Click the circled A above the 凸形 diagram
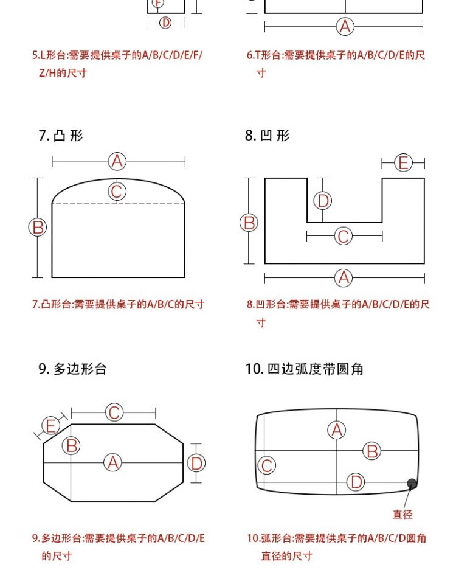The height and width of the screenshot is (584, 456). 117,161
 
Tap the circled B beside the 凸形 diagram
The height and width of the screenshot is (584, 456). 38,228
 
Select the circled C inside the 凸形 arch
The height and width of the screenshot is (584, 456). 117,192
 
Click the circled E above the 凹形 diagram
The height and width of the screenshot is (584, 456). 403,163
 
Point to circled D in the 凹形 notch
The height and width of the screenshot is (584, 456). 323,201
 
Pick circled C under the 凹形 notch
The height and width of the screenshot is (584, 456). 344,236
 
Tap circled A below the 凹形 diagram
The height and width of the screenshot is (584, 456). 344,278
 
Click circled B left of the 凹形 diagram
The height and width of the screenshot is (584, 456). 249,223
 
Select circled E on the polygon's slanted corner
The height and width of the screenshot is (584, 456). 51,426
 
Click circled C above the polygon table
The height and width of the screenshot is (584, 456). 114,412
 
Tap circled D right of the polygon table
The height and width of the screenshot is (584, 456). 196,464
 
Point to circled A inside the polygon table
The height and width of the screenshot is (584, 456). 113,463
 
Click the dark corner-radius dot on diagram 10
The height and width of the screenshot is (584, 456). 412,484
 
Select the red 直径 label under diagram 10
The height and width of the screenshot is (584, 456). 402,515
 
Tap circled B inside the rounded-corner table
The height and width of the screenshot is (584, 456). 372,451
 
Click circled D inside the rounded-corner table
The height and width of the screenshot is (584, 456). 356,483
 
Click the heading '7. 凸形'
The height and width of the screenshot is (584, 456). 61,135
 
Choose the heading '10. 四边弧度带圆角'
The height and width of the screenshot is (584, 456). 305,369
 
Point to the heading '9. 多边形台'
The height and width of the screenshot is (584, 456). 72,369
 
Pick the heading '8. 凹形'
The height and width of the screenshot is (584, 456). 268,135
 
